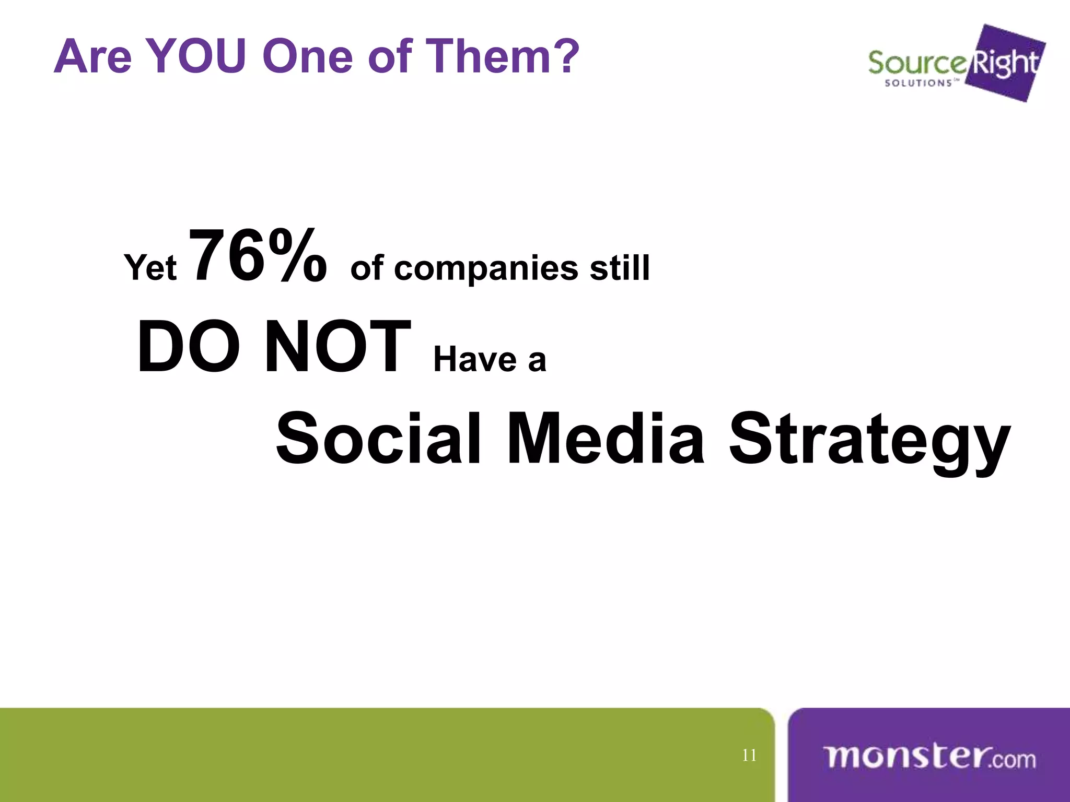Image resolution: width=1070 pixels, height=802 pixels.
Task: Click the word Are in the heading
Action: (92, 56)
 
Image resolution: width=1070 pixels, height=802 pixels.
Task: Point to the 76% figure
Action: (258, 256)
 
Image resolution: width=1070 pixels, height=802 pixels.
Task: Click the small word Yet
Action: (150, 268)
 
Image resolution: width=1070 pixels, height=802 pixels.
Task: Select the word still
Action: (620, 268)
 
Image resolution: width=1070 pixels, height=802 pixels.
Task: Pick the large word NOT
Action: (338, 347)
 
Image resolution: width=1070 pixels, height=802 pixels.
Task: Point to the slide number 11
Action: (749, 756)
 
